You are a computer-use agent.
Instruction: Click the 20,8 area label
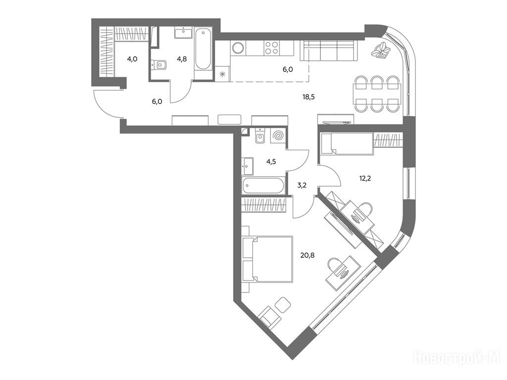307,256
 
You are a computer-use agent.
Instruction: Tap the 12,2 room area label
364,178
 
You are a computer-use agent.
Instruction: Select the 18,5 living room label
308,96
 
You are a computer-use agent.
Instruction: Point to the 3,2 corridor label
302,186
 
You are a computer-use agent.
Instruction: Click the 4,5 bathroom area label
271,162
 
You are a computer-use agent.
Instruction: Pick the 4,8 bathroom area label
181,59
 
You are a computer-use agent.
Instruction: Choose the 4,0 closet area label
132,59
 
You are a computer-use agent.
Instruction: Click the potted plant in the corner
381,50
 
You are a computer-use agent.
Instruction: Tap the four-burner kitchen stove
271,48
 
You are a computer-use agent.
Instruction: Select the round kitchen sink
238,48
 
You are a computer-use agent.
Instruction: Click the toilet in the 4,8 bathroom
159,65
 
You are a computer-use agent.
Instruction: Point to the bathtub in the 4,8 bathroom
203,49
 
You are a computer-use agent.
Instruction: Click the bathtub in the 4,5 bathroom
264,186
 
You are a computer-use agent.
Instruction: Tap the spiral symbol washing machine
278,136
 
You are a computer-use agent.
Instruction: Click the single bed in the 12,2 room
346,143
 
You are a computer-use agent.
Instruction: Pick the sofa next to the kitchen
329,51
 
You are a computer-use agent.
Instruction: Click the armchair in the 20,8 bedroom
270,317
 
